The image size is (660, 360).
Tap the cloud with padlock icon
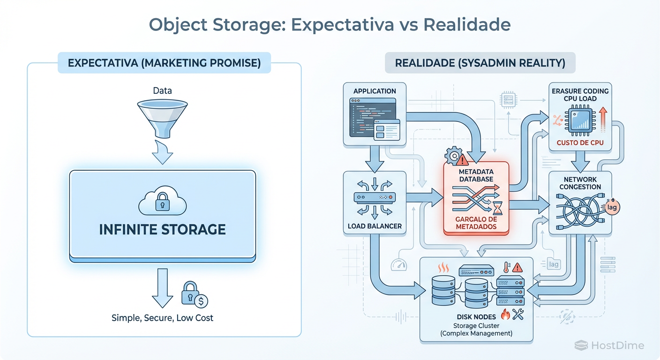coord(162,202)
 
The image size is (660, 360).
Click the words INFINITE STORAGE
coord(162,229)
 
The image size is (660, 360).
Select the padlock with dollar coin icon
coord(194,294)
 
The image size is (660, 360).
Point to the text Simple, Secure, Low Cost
coord(162,318)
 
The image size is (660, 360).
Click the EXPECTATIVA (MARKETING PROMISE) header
coord(164,63)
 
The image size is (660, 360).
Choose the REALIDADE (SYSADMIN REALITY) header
coord(480,63)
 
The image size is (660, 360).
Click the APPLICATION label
coord(375,91)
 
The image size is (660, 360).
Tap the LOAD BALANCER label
coord(375,226)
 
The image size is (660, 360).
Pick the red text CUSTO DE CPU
coord(580,142)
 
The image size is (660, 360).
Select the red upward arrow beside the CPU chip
coord(602,117)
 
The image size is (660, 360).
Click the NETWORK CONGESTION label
coord(580,183)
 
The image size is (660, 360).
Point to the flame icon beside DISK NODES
coord(505,314)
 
